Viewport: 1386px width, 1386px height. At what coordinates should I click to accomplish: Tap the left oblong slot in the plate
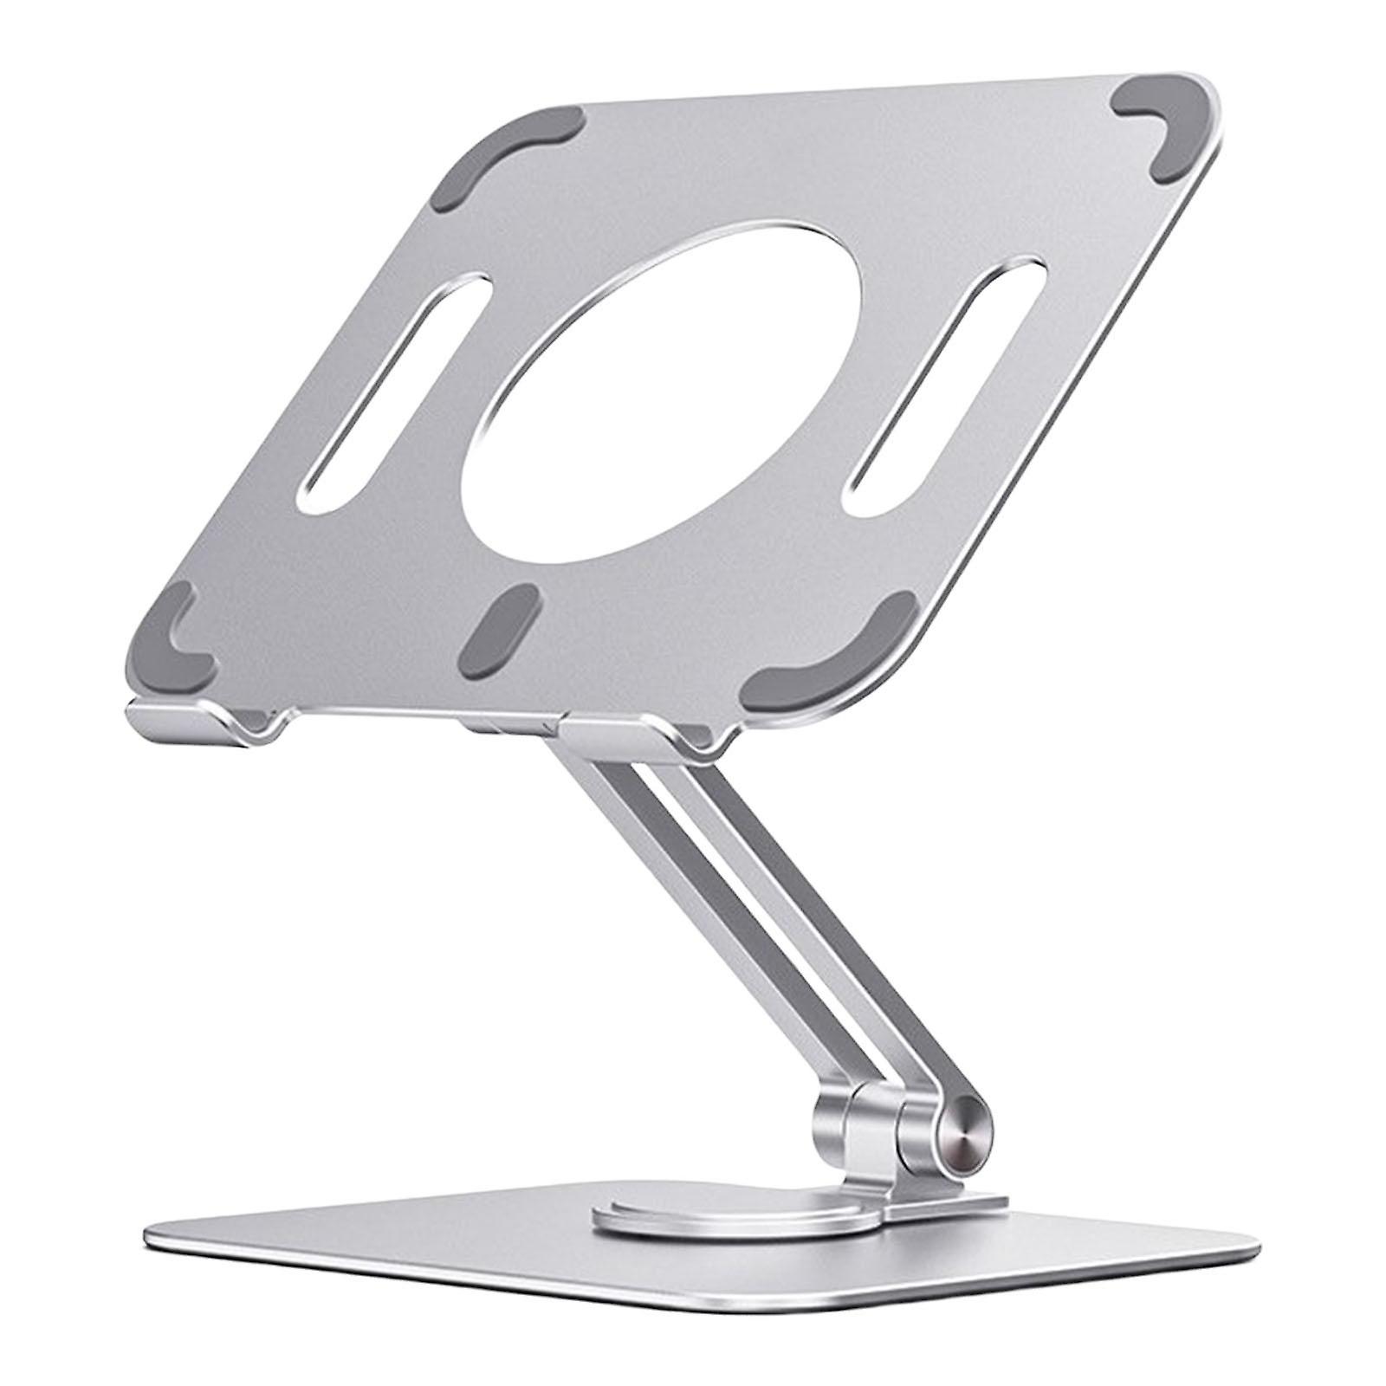[x=381, y=398]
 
